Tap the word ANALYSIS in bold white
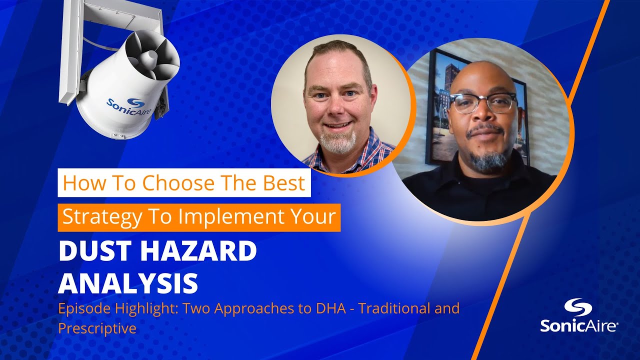point(128,282)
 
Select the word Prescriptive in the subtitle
point(97,328)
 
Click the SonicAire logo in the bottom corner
point(579,316)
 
